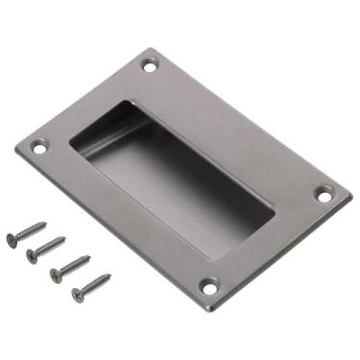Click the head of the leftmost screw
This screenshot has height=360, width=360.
coord(12,239)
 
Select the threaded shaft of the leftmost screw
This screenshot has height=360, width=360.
coord(32,230)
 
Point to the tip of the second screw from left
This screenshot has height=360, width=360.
coord(66,238)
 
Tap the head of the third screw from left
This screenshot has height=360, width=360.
coord(56,275)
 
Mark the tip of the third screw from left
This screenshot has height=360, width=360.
coord(90,256)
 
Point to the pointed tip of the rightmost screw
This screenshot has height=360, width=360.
coord(111,275)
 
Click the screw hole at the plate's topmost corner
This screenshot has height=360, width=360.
coord(149,66)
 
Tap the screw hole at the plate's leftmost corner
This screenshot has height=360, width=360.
coord(39,149)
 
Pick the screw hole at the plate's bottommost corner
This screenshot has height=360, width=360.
coord(209,286)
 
